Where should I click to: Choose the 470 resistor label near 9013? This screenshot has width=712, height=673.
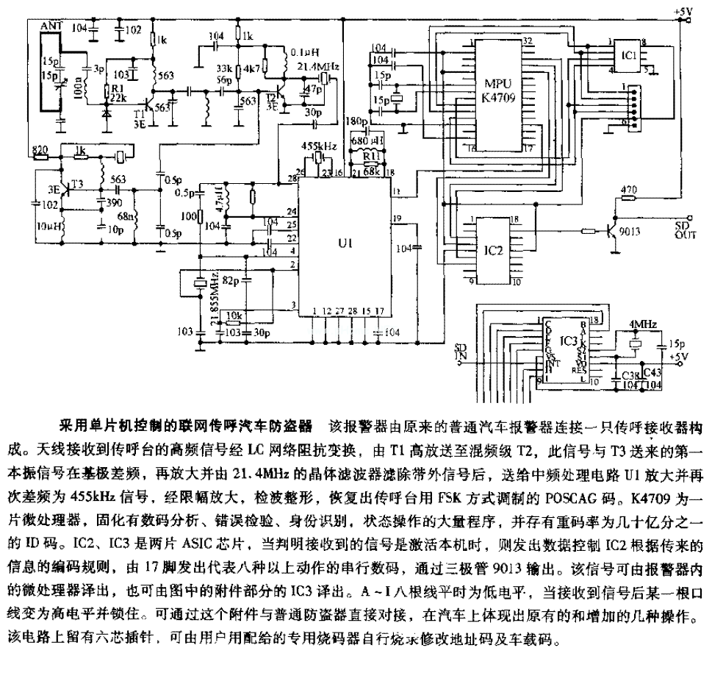629,190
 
